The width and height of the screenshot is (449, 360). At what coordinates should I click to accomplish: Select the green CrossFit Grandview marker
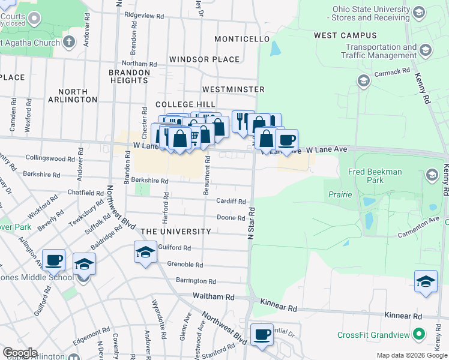click(x=420, y=334)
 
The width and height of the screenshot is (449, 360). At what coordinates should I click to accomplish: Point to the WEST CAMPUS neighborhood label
click(x=341, y=36)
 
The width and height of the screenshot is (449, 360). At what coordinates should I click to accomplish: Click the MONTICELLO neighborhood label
click(x=242, y=39)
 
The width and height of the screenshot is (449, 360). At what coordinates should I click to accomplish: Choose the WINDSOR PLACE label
click(x=204, y=59)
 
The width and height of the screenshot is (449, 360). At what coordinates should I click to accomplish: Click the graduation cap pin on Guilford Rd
click(x=145, y=252)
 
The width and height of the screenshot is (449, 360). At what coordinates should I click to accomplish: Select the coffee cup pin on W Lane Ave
click(x=286, y=140)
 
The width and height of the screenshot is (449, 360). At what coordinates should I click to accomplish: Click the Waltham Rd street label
click(x=213, y=296)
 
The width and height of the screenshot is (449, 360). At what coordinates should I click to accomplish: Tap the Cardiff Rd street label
click(x=231, y=202)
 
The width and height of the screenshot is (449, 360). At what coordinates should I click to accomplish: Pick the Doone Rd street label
click(x=231, y=218)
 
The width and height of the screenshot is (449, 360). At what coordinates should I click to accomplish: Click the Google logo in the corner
click(x=19, y=353)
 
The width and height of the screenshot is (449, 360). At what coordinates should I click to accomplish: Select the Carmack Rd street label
click(x=391, y=72)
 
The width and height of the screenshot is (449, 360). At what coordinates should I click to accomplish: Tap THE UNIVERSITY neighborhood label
click(x=176, y=232)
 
